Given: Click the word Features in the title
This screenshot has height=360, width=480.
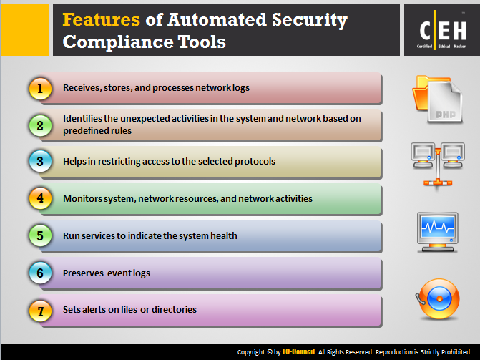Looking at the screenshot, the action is click(x=101, y=20).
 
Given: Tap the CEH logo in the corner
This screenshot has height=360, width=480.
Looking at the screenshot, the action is click(x=442, y=30).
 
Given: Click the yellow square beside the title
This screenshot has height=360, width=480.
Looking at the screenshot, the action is click(x=24, y=30).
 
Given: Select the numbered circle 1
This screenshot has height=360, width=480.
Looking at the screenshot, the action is click(x=40, y=89).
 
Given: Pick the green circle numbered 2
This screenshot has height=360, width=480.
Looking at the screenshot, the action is click(x=40, y=126).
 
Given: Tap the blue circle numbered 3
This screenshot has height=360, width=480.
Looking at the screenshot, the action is click(x=40, y=162).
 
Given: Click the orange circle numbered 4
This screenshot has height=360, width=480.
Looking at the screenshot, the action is click(x=40, y=198).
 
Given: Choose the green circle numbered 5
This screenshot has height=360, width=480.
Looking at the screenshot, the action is click(x=40, y=235).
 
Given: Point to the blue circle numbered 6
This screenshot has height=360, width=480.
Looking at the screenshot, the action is click(x=40, y=273).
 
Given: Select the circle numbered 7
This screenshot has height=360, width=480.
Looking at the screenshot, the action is click(x=40, y=311).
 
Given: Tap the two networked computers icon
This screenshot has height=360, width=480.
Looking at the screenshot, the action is click(x=438, y=165).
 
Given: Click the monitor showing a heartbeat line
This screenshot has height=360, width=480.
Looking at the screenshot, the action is click(x=438, y=233).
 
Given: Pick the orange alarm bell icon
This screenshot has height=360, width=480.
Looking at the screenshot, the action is click(x=438, y=298).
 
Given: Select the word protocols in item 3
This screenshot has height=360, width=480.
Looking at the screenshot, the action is click(x=255, y=162).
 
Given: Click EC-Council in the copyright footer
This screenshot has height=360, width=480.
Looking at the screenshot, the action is click(x=298, y=351).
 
